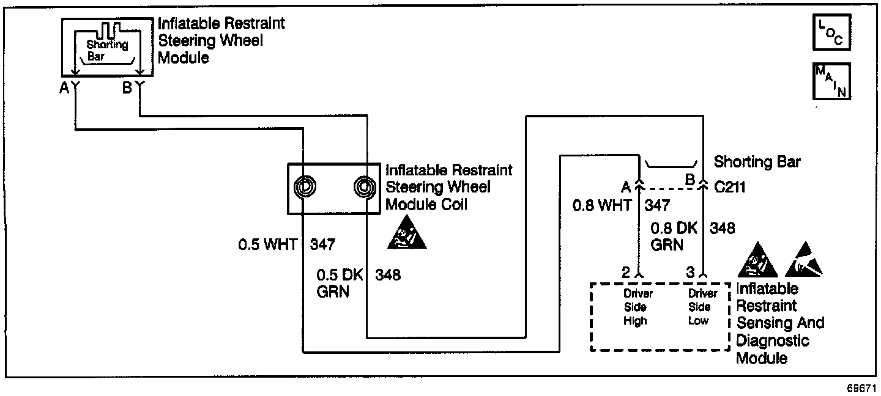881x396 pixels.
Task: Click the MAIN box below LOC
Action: [831, 81]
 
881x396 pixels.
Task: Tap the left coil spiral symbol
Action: [305, 187]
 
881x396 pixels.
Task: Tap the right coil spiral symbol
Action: [365, 187]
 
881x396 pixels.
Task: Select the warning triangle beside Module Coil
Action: [406, 233]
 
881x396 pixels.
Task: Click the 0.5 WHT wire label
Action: [267, 245]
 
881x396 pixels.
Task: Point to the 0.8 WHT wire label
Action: [601, 205]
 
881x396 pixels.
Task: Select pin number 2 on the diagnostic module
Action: [625, 273]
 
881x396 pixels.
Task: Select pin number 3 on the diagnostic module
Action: [690, 273]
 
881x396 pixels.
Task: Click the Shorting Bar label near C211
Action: [757, 162]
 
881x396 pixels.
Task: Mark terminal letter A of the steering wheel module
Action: [64, 88]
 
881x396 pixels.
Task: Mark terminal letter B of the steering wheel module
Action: [127, 88]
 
